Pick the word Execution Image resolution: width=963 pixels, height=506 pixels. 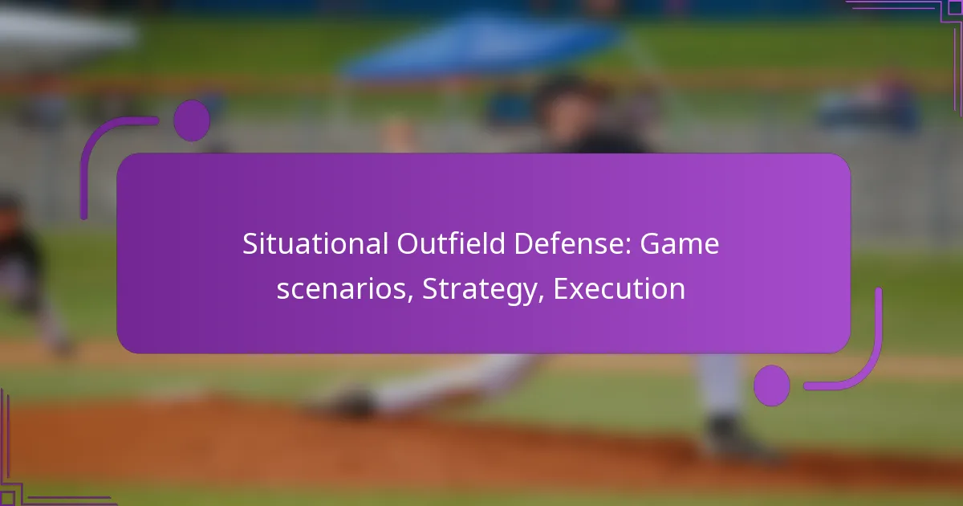click(620, 289)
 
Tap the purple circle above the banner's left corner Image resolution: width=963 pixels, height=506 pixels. click(192, 120)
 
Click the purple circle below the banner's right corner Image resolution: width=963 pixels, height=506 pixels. click(772, 385)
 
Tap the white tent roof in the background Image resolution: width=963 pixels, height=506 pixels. click(64, 28)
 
